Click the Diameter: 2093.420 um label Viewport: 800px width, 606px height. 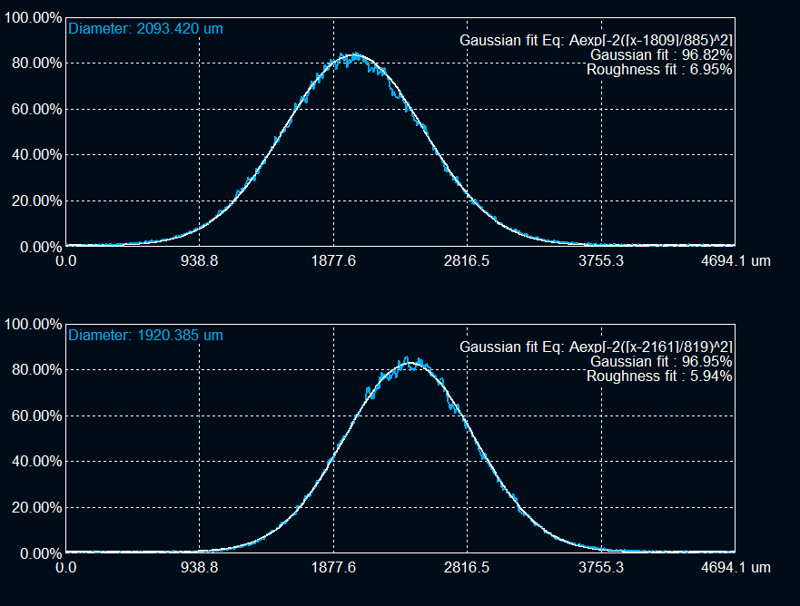coord(145,28)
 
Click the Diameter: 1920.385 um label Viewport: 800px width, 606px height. coord(145,335)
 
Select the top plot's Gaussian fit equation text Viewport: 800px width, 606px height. coord(596,40)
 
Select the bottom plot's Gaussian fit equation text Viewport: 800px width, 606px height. coord(596,347)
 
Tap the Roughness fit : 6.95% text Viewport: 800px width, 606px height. coord(659,69)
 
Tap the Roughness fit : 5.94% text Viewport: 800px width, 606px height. coord(659,376)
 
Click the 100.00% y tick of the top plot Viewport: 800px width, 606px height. coord(33,18)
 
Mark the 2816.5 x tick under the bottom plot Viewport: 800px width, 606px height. coord(468,568)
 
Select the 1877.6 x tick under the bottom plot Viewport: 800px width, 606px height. coord(333,568)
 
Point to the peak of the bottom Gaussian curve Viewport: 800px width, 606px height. coord(410,363)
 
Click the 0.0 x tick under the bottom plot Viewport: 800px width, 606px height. coord(65,568)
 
